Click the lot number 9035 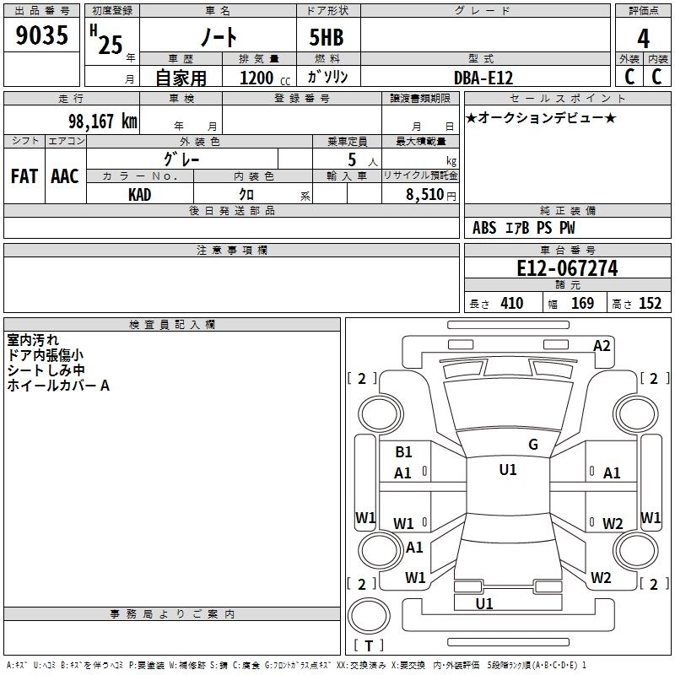pos(41,36)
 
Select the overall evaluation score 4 pos(643,38)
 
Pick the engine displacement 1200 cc pos(256,78)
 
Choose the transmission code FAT pos(24,175)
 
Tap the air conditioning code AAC pos(65,175)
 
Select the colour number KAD pos(140,194)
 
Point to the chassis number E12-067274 pos(567,269)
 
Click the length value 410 pos(510,303)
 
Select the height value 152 pos(650,303)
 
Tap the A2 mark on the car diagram pos(602,345)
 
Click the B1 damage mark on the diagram pos(403,452)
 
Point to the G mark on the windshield pos(532,445)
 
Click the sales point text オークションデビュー pos(541,117)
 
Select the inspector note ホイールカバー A pos(58,386)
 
